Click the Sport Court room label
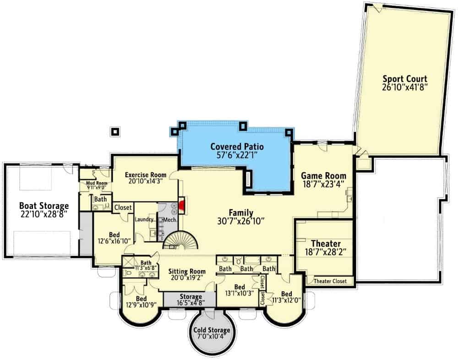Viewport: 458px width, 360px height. [405, 79]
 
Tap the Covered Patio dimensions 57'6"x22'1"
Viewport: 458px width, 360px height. [237, 155]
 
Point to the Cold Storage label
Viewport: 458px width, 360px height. [212, 330]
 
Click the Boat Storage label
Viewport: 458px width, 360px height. [44, 206]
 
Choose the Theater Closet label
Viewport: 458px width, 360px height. [330, 281]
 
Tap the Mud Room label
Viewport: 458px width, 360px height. [97, 183]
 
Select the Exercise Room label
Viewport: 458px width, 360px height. [146, 175]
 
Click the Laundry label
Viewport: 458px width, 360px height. [144, 219]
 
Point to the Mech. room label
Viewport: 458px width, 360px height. [169, 220]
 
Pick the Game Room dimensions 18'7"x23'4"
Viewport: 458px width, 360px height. [323, 185]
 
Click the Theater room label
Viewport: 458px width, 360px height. [326, 243]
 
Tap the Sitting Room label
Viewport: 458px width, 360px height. [187, 272]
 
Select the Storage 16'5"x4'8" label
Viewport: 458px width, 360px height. [191, 300]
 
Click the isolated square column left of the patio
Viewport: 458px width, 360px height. [115, 131]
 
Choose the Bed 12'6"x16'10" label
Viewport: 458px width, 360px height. [114, 238]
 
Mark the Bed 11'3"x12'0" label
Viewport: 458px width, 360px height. [287, 297]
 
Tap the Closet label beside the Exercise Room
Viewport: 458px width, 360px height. [123, 207]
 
